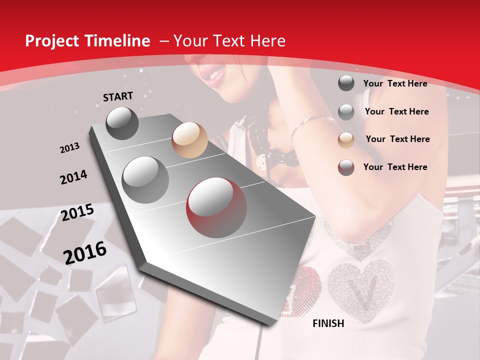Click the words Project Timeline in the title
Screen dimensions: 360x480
(x=87, y=41)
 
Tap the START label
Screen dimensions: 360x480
(x=118, y=96)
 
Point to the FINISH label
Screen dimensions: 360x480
(x=328, y=323)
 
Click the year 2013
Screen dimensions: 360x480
(x=70, y=148)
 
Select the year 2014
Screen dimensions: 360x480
(x=74, y=177)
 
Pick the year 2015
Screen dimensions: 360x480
(x=77, y=212)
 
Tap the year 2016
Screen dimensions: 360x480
(x=85, y=252)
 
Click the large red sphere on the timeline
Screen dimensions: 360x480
(x=216, y=207)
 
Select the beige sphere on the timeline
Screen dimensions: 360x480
(x=189, y=140)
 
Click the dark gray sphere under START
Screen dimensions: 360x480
(x=122, y=123)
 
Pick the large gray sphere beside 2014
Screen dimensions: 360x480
(x=145, y=179)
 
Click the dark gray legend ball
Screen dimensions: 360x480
(x=346, y=83)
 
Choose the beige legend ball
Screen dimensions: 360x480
(x=346, y=139)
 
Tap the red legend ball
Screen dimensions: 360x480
(x=346, y=167)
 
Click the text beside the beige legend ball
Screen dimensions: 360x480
(x=397, y=139)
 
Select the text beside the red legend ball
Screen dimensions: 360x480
(x=395, y=167)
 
